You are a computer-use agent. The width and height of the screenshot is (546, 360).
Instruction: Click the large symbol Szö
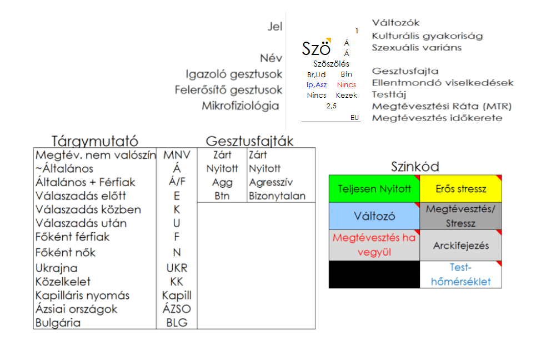(314, 48)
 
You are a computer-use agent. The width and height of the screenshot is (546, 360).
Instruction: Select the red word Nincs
(347, 85)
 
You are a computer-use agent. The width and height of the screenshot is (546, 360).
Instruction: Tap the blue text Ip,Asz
(317, 85)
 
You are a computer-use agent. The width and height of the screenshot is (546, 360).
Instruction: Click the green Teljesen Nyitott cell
(374, 189)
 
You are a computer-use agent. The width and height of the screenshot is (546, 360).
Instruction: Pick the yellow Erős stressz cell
(460, 189)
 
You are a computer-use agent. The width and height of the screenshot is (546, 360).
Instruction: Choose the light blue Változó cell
(374, 216)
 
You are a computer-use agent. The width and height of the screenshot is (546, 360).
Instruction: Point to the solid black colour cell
(374, 274)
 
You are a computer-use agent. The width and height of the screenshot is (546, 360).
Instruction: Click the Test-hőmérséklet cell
(460, 274)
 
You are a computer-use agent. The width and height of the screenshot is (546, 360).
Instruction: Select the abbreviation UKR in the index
(177, 268)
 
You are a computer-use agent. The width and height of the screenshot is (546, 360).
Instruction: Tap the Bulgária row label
(58, 323)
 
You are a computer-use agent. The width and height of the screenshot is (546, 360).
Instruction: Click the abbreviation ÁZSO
(177, 309)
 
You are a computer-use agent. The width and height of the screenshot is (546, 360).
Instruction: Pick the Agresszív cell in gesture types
(271, 182)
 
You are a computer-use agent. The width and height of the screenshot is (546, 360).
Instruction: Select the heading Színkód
(415, 167)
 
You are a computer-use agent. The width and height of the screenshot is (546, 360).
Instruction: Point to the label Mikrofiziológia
(241, 106)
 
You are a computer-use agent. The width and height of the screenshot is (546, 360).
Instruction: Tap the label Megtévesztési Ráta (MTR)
(442, 106)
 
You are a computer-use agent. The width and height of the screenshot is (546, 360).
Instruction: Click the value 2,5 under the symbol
(332, 106)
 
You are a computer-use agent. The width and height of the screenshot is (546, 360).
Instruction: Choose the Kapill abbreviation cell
(177, 295)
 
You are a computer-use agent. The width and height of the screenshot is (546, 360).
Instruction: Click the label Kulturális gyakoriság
(427, 36)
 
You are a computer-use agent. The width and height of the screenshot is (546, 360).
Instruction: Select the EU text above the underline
(355, 118)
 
